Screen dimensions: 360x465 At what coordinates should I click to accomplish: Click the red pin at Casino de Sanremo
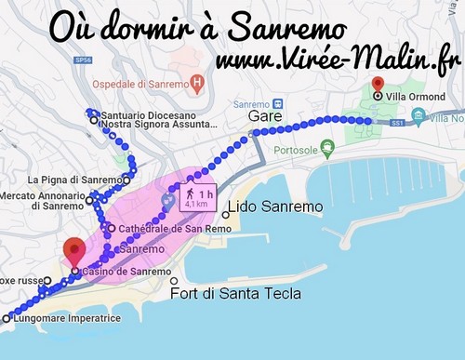click(73, 249)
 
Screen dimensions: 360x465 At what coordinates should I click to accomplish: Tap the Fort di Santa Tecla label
click(235, 294)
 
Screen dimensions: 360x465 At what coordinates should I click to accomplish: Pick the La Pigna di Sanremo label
click(73, 180)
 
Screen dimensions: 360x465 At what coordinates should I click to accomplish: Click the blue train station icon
click(167, 199)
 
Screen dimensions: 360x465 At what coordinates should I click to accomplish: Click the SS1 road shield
click(398, 121)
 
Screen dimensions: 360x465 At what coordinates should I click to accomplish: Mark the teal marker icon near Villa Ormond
click(418, 117)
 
